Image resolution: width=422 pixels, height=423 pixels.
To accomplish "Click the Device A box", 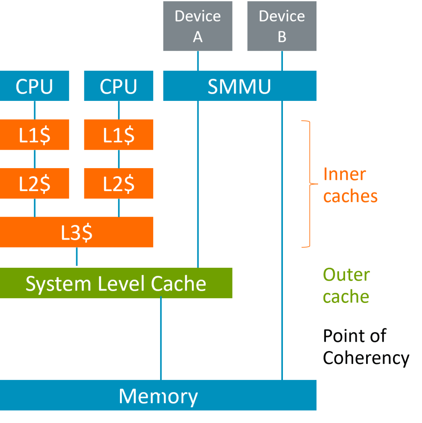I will click(x=198, y=26).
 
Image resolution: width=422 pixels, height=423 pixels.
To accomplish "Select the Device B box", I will click(x=282, y=26).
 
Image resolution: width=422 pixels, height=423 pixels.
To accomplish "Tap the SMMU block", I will click(x=240, y=86).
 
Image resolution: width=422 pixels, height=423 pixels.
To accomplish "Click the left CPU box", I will click(x=34, y=86).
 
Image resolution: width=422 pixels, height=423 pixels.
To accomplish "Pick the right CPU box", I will click(x=118, y=86).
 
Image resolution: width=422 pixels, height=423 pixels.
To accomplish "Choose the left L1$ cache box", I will click(x=34, y=134).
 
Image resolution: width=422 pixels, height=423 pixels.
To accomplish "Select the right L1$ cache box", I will click(x=118, y=134).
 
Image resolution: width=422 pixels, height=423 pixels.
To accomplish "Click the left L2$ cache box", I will click(x=34, y=183).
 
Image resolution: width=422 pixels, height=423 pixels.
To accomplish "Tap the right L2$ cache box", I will click(x=118, y=183).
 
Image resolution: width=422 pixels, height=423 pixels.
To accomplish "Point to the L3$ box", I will click(x=77, y=232).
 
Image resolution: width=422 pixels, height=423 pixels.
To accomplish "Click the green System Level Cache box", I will click(x=116, y=283).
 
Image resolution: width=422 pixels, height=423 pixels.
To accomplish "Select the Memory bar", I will click(x=158, y=395).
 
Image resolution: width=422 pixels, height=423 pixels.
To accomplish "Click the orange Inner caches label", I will click(x=350, y=185).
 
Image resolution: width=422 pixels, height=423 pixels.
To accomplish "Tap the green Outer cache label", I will click(x=346, y=285).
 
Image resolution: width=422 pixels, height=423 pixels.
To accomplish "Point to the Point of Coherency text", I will click(x=366, y=347).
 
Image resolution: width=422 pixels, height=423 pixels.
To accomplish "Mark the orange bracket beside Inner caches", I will click(x=308, y=184).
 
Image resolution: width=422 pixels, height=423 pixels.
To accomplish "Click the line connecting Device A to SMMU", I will click(x=198, y=61).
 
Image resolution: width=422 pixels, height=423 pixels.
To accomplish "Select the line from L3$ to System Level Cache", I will click(x=77, y=257).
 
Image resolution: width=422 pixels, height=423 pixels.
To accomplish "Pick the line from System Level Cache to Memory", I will click(x=161, y=339).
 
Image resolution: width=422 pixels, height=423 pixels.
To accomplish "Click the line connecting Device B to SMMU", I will click(x=282, y=61).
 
